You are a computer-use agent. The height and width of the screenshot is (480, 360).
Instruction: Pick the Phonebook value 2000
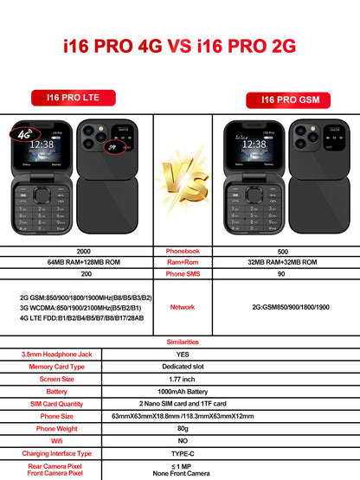pos(78,251)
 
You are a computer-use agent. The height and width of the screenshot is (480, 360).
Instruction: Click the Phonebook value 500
pos(282,251)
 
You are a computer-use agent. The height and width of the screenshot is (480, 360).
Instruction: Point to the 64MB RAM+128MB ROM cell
pos(78,262)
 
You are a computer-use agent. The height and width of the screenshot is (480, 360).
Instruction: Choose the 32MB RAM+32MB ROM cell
pos(282,262)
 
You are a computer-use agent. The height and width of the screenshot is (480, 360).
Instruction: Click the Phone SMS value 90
pos(282,273)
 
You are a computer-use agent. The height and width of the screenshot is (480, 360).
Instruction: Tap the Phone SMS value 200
pos(78,273)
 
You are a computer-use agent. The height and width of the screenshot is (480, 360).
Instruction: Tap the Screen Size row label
pos(52,379)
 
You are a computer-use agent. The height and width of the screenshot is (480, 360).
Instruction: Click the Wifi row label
pos(52,439)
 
